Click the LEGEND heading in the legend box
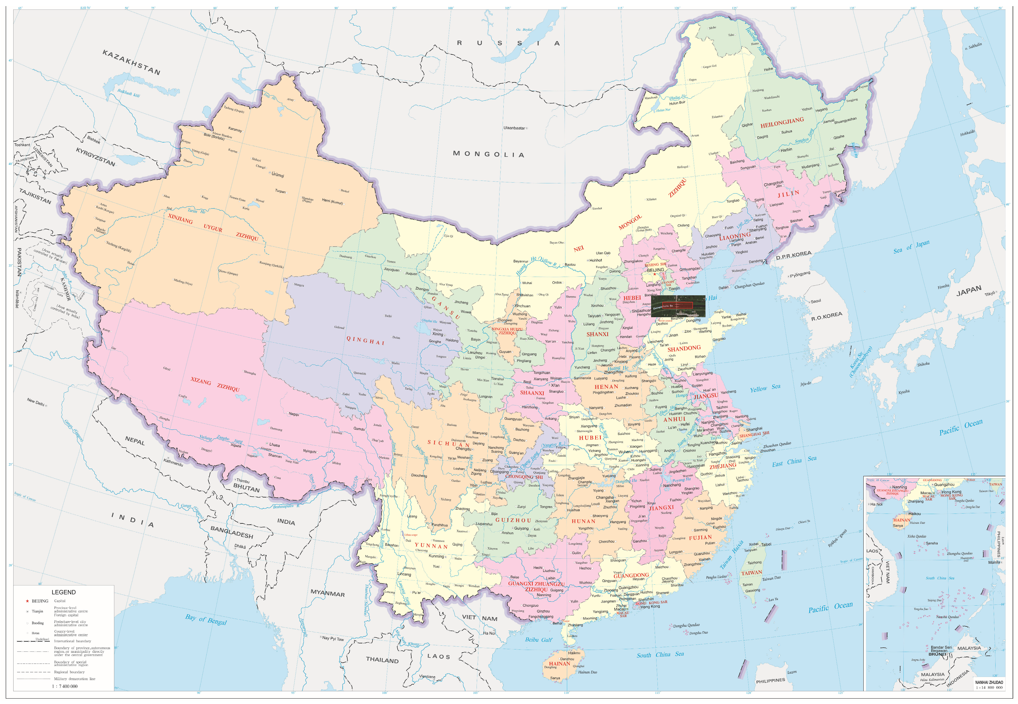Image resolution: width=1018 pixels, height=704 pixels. click(64, 592)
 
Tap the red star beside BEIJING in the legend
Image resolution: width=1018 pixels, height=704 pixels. click(27, 601)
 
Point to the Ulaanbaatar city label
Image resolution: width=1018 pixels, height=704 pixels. click(514, 128)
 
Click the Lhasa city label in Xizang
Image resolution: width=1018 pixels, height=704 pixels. click(274, 445)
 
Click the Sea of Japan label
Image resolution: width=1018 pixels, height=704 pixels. click(911, 247)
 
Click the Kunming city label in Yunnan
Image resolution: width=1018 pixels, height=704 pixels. click(436, 556)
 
